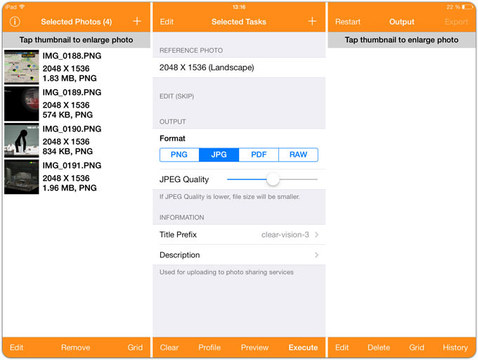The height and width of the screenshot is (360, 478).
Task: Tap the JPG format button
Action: [x=219, y=155]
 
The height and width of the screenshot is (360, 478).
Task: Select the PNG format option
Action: [x=179, y=155]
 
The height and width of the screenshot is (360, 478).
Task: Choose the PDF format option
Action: [x=259, y=155]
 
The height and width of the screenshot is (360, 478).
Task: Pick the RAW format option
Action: [x=299, y=155]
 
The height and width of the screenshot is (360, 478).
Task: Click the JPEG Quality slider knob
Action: [x=273, y=179]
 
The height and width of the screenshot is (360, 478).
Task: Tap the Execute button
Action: [x=303, y=347]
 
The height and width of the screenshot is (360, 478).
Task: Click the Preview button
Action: [x=254, y=347]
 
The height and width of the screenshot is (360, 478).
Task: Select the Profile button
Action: [x=209, y=347]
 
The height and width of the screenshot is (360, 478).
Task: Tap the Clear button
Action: [x=169, y=347]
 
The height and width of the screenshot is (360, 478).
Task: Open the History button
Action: [x=455, y=347]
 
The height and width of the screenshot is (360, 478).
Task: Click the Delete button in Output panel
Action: [x=379, y=347]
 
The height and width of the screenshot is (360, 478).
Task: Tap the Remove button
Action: [x=76, y=347]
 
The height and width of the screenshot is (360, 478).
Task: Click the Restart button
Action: [x=347, y=22]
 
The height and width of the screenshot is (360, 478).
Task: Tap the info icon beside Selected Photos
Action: [x=15, y=22]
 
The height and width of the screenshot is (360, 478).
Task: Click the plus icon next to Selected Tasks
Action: [x=312, y=21]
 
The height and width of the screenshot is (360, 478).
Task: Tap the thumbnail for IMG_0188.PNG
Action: [x=22, y=67]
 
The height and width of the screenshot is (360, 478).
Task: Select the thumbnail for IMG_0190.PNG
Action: [x=22, y=140]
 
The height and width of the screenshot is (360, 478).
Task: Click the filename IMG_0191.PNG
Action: [x=72, y=165]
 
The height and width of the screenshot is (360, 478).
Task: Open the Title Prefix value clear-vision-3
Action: [x=285, y=235]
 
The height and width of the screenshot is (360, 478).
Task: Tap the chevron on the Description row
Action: [x=317, y=255]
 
